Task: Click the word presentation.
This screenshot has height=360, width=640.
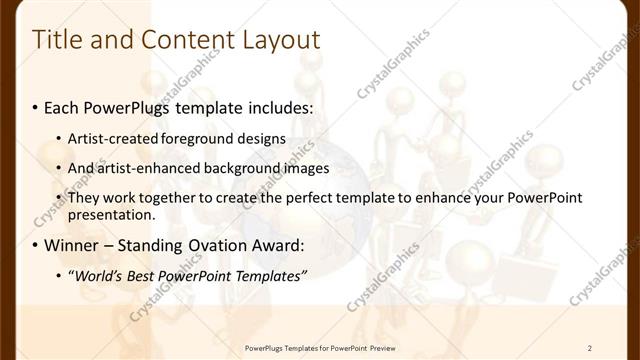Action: click(111, 214)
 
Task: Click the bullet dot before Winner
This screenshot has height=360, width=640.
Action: click(37, 246)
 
